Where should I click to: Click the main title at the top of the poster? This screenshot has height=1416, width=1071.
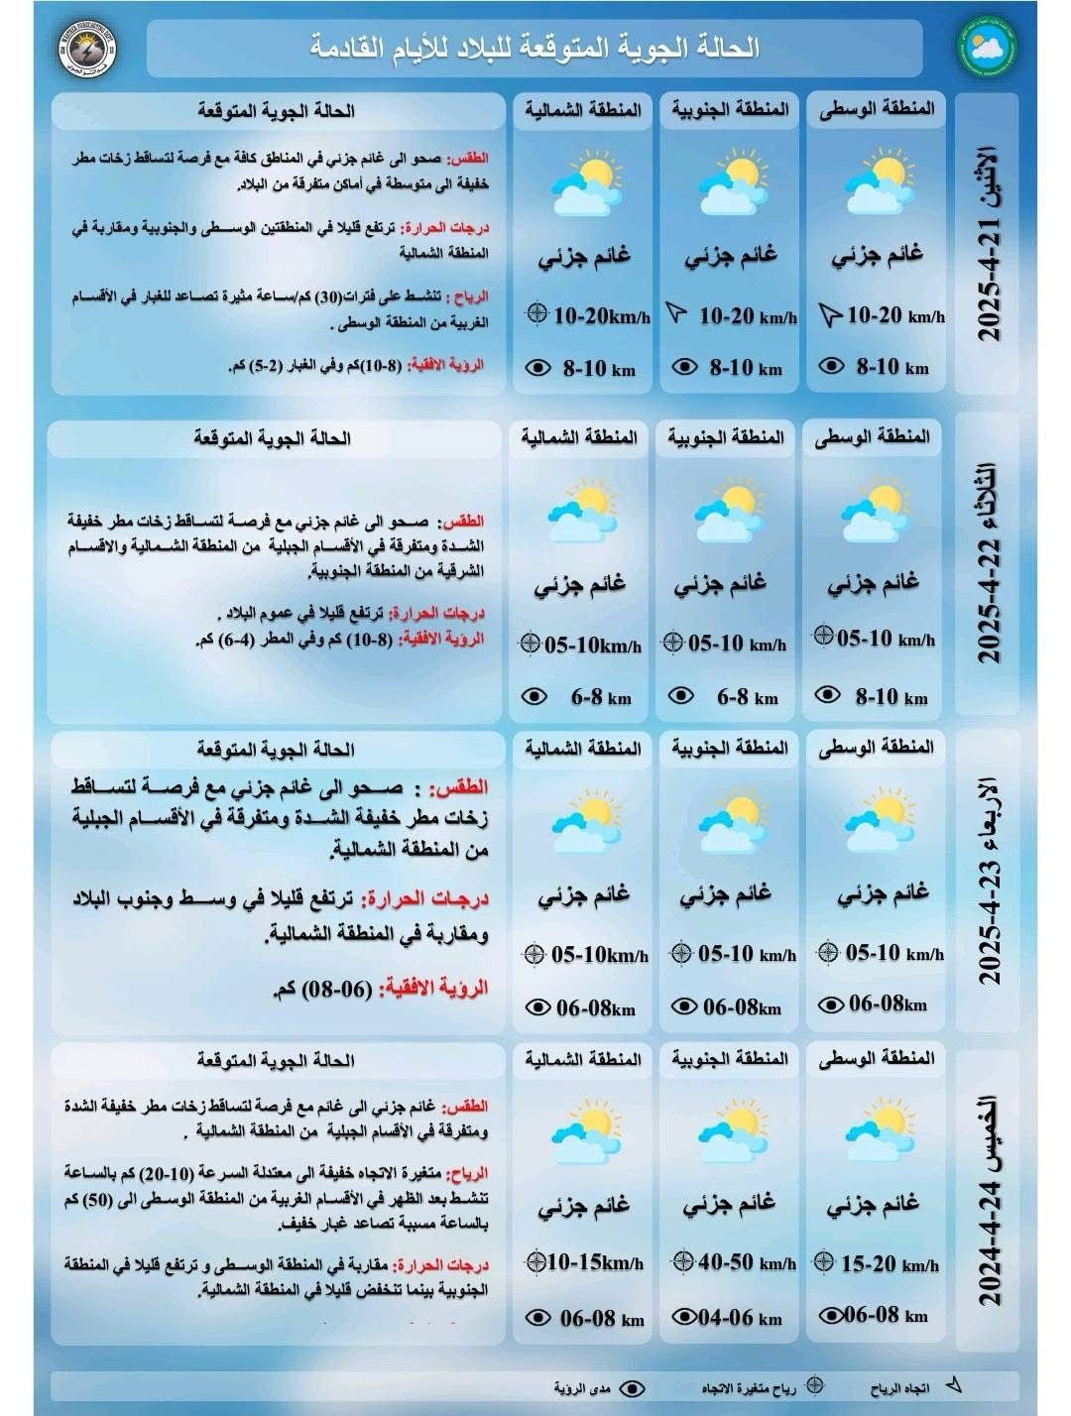535,46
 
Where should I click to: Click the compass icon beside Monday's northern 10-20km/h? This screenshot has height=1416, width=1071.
536,315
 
